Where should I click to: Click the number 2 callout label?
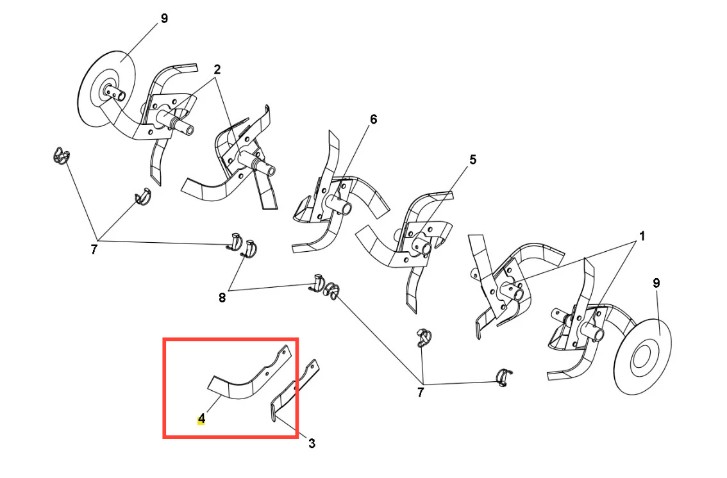point(217,69)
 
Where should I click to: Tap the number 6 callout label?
point(374,119)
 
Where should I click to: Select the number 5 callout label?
point(472,160)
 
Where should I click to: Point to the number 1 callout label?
point(642,236)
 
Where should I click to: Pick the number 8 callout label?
point(222,298)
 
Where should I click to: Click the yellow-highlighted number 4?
point(201,419)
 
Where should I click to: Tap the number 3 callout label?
point(312,444)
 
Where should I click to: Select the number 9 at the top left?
point(164,19)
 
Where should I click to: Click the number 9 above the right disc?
point(656,283)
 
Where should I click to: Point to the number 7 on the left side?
point(94,250)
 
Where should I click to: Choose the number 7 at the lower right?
point(421,393)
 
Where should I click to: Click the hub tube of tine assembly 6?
point(339,204)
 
